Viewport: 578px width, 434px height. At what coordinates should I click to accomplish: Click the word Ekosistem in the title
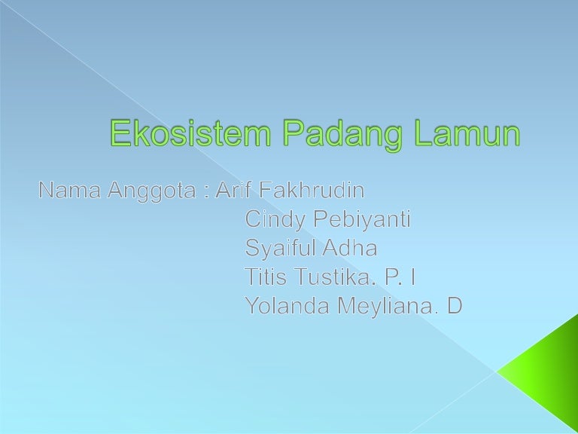[190, 133]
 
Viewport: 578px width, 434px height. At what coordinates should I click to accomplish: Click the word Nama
[69, 190]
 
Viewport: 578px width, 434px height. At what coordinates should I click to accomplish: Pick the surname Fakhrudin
[312, 190]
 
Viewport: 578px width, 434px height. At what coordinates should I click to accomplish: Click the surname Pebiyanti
[361, 220]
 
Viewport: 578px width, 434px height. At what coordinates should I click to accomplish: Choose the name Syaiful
[280, 249]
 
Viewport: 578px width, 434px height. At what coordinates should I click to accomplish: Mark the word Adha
[350, 247]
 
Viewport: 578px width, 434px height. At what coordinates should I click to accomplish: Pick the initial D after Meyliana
[455, 306]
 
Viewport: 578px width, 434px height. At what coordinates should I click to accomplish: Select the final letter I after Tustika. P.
[413, 277]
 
